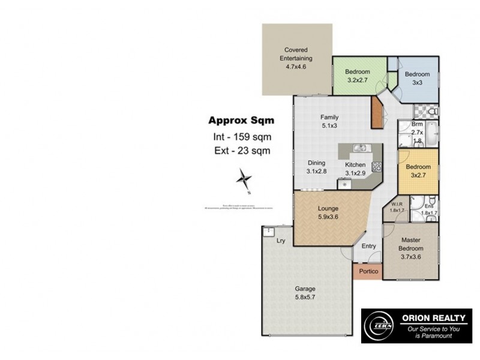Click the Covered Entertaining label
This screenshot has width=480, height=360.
296,58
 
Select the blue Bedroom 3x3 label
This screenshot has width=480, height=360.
416,78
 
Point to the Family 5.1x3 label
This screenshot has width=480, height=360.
329,121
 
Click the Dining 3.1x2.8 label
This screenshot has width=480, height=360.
316,167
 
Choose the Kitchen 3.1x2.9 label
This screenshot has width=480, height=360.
355,169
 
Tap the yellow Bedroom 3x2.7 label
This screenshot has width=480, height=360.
418,170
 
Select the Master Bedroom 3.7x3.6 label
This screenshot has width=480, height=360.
412,248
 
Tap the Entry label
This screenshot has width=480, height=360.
368,246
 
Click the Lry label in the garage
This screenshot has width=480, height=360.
280,241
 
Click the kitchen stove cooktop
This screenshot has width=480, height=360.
377,167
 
